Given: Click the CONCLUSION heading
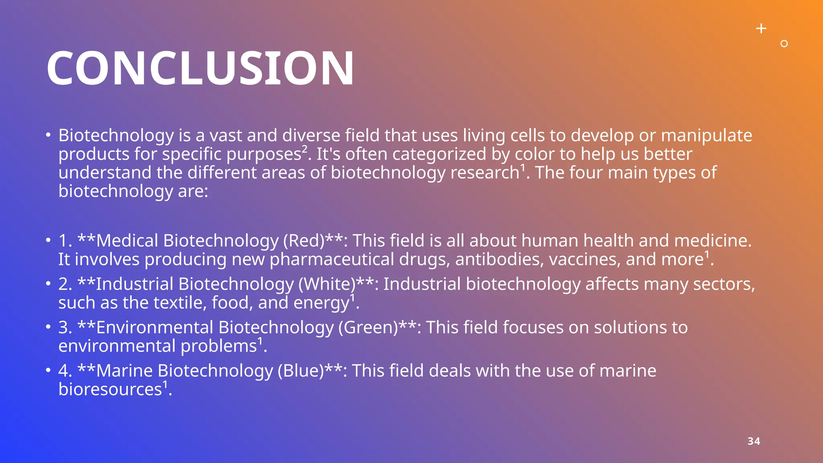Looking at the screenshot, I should coord(200,68).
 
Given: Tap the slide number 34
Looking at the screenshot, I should coord(753,441).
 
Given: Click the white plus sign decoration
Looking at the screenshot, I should coord(761,29).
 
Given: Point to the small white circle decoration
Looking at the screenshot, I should coord(784,43).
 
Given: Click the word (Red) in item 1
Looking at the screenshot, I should coord(303,241).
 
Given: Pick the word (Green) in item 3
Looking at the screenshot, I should coord(368,328).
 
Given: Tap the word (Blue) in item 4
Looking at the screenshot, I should coord(301,371).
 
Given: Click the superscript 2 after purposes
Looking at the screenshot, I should coord(305,150).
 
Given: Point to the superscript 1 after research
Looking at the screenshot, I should coord(523,168).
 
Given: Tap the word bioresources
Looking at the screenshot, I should coord(110,389).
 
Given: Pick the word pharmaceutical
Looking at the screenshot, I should coord(332,260).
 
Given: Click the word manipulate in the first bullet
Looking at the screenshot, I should coord(706,136).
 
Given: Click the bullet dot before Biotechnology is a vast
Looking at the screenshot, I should coord(48,135).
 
